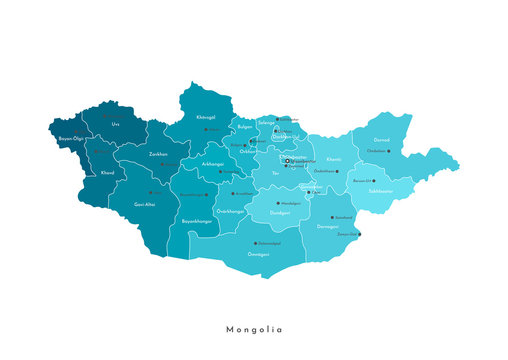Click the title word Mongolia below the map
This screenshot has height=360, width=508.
click(254, 329)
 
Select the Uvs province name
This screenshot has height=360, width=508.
click(115, 125)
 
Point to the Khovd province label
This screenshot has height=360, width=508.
click(107, 172)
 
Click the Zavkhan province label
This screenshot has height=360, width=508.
click(158, 154)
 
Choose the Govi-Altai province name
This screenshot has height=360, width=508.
click(144, 203)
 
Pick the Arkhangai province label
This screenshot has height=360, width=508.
click(212, 163)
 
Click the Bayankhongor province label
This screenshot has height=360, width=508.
click(196, 220)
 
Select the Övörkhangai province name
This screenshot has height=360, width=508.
click(230, 211)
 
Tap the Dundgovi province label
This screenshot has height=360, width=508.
click(280, 212)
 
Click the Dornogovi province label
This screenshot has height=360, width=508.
click(327, 226)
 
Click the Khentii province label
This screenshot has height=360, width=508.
click(333, 158)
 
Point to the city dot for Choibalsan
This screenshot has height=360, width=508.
click(389, 152)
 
